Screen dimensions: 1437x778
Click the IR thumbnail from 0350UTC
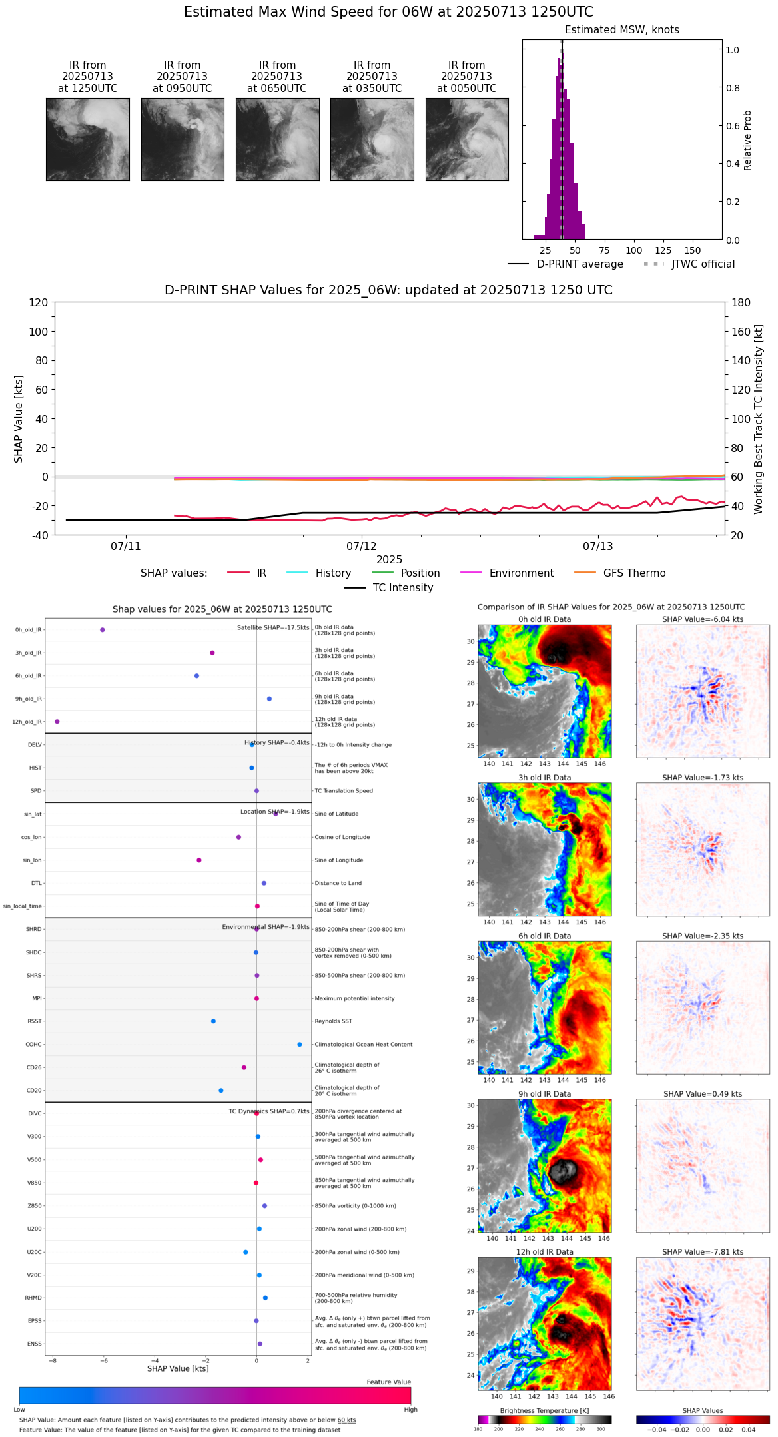tap(372, 139)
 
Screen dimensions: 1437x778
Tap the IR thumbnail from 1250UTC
tap(87, 139)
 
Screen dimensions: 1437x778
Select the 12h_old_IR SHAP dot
tap(57, 721)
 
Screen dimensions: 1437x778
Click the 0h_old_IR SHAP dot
tap(102, 629)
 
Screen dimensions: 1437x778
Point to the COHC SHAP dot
tap(299, 1044)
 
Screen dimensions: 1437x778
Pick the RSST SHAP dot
tap(213, 1021)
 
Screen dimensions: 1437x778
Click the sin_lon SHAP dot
tap(198, 860)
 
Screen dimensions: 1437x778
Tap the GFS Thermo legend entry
tap(633, 573)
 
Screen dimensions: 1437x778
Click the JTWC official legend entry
tap(703, 264)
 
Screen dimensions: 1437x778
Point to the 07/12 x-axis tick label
tap(361, 546)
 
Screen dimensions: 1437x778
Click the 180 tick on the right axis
tap(741, 302)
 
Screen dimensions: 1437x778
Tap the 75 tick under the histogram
tap(604, 250)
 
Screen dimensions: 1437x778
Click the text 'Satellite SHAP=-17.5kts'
tap(273, 627)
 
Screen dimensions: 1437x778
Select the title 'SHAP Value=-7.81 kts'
tap(703, 1251)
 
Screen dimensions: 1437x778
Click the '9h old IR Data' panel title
tap(544, 1093)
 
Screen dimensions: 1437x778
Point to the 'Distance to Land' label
tap(338, 883)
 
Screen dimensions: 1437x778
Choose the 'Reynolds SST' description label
tap(333, 1021)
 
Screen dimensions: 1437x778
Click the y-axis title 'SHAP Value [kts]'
tap(19, 418)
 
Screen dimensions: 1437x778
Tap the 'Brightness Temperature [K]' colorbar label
tap(544, 1410)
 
